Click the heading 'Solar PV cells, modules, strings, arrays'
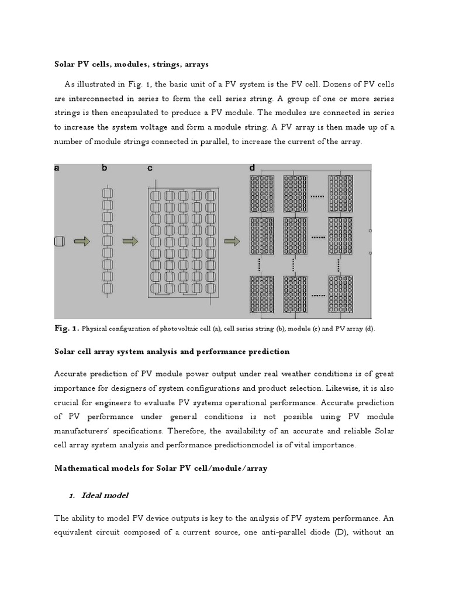(x=131, y=63)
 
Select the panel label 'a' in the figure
(x=57, y=168)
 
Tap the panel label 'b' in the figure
(x=105, y=168)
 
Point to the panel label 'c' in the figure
(x=150, y=168)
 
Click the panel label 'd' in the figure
(x=252, y=168)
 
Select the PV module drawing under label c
(x=184, y=241)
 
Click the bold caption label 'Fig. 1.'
(x=66, y=329)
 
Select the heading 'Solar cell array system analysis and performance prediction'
(x=171, y=352)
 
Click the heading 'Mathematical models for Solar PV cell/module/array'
(x=161, y=468)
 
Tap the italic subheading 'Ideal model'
(x=106, y=495)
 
